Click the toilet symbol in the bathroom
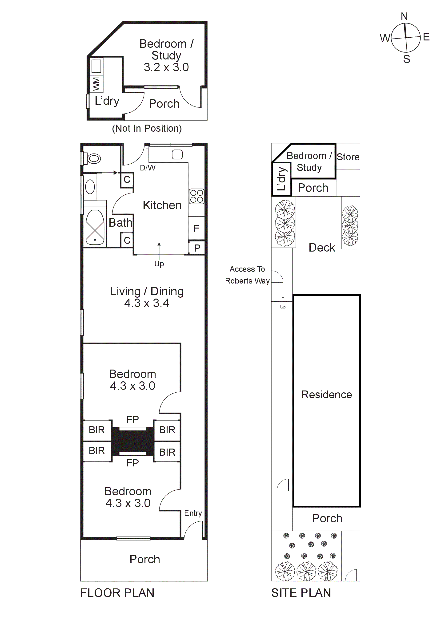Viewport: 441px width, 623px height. (x=93, y=158)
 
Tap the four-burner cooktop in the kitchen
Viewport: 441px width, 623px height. (x=196, y=196)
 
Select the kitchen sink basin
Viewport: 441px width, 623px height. (x=177, y=155)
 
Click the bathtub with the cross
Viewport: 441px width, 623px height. (x=95, y=227)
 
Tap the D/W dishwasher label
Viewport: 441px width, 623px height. (x=148, y=168)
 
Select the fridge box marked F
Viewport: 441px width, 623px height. (x=196, y=228)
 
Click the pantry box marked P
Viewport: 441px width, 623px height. (x=197, y=248)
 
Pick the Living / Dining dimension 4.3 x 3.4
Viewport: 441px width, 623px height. (x=147, y=303)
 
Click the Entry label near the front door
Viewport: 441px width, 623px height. (x=193, y=513)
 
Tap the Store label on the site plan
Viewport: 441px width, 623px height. (x=348, y=157)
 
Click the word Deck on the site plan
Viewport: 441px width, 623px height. (x=322, y=248)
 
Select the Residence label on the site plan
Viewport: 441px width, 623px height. (x=326, y=394)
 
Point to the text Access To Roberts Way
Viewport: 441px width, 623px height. (x=247, y=275)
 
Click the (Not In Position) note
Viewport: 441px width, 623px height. (x=147, y=128)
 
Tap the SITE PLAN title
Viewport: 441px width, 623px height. (x=301, y=593)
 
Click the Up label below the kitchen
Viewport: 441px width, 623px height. (x=159, y=264)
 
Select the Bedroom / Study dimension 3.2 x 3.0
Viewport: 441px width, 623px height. (x=166, y=67)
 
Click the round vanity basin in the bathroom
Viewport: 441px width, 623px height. (x=90, y=187)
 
